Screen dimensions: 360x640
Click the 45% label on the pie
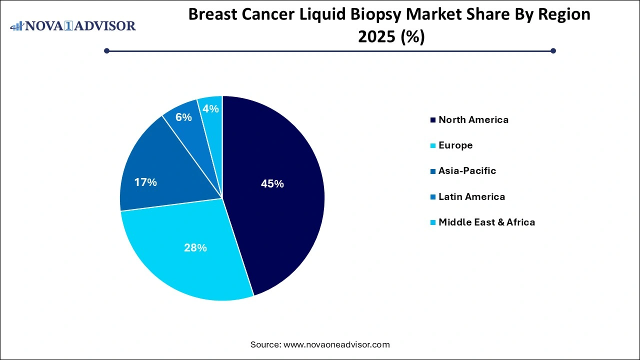[272, 184]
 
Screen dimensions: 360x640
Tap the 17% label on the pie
[145, 182]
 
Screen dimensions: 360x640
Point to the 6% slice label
[183, 117]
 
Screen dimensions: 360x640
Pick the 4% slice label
[210, 108]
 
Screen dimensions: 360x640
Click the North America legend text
[473, 119]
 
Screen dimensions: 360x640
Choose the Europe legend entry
[455, 145]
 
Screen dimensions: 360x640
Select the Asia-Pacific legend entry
[467, 170]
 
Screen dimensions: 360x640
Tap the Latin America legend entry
[471, 196]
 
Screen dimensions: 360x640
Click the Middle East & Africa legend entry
[486, 222]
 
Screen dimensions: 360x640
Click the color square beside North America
[432, 120]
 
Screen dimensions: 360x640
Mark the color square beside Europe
[432, 145]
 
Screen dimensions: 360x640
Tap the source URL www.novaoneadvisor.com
[336, 344]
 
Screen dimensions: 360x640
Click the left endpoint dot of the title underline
[106, 50]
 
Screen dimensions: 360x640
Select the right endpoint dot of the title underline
[553, 50]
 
